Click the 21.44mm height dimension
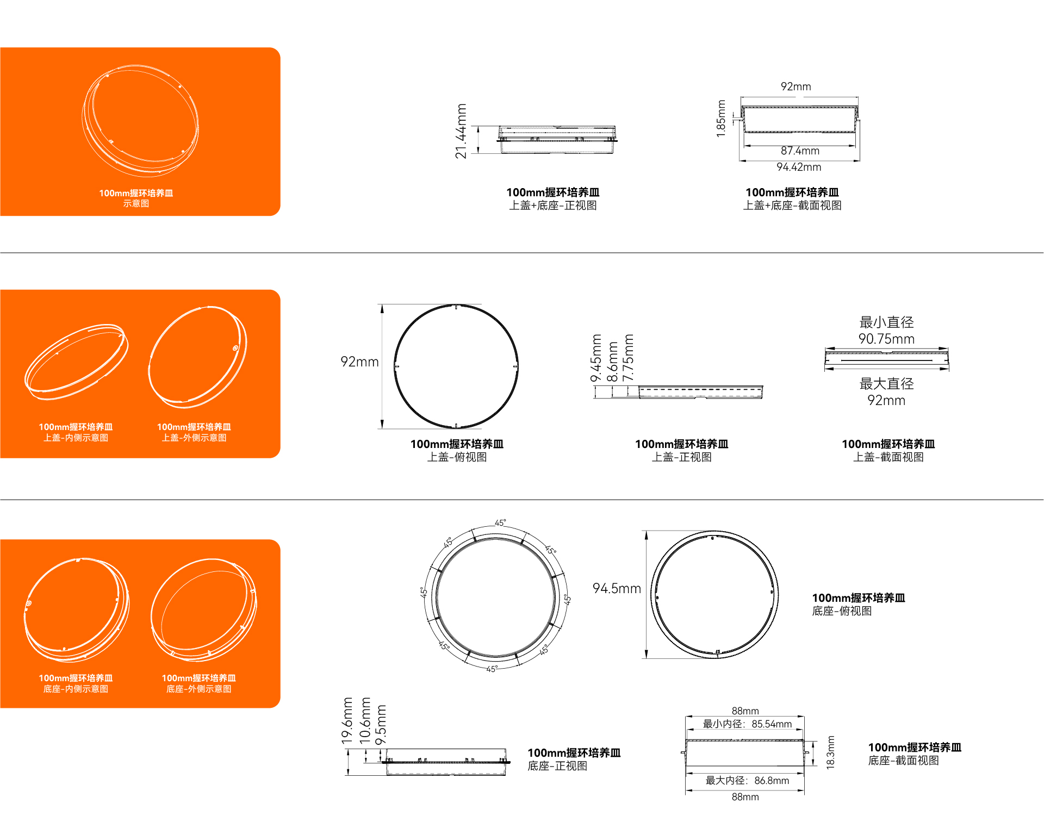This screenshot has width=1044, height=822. click(461, 131)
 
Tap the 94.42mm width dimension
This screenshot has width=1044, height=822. click(799, 167)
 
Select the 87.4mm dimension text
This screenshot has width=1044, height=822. click(800, 151)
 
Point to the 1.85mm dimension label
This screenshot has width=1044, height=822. click(721, 119)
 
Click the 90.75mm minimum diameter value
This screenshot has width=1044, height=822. click(886, 339)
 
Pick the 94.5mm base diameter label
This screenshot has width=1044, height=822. click(617, 588)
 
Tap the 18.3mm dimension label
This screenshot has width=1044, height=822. click(830, 752)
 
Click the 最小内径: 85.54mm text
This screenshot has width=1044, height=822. click(747, 724)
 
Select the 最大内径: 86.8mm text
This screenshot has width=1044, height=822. click(747, 781)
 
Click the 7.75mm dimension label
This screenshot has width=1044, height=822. click(628, 358)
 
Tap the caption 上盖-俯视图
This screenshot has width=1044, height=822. click(457, 457)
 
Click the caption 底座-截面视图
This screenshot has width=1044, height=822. click(903, 761)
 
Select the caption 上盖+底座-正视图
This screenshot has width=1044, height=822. click(553, 205)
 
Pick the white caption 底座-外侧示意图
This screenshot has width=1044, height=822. click(198, 689)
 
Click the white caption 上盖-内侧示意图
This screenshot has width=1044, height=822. click(76, 438)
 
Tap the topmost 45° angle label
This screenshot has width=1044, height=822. click(500, 523)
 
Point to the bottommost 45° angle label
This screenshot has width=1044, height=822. click(492, 669)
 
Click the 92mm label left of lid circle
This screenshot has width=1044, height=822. click(359, 362)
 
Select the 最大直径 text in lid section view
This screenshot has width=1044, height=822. click(886, 384)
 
